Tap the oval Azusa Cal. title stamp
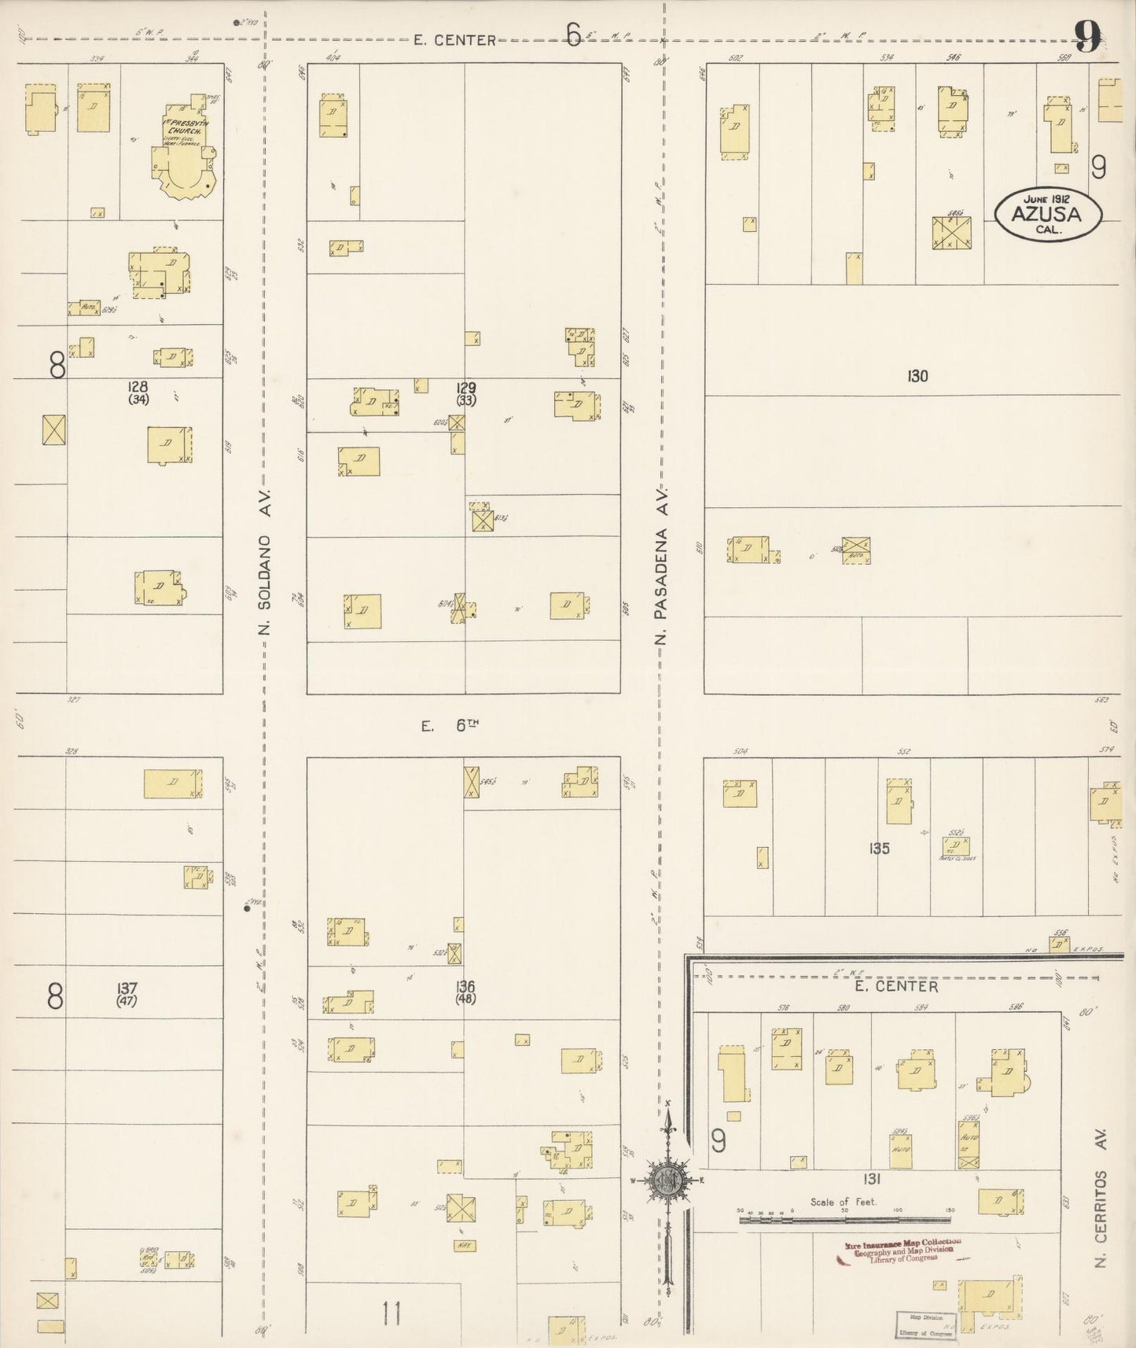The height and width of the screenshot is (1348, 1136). click(1048, 215)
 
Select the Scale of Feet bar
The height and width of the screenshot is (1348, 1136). click(844, 1220)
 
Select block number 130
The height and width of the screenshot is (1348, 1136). click(917, 377)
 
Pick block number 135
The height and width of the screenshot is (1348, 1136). click(879, 849)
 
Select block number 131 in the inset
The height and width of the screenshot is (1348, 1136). click(871, 1179)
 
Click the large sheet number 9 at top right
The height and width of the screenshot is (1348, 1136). click(1088, 37)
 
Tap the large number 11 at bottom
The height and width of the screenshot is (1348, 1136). click(392, 1313)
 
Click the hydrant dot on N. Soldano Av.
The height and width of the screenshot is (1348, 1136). click(247, 908)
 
